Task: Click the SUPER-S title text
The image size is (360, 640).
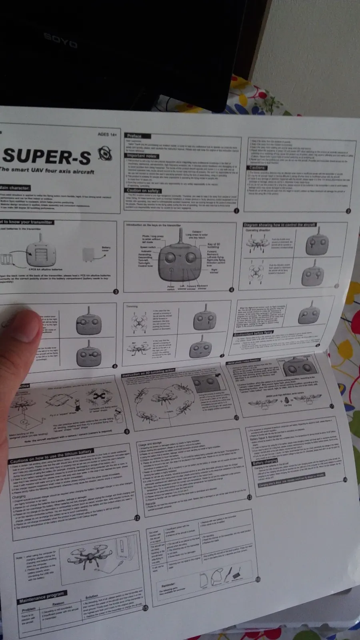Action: point(47,156)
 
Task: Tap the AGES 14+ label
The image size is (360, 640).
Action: point(107,134)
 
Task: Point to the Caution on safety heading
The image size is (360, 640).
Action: point(143,190)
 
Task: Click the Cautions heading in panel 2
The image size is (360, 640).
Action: point(258,168)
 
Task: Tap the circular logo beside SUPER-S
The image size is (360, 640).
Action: point(105,154)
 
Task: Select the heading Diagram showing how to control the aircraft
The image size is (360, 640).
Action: point(280,225)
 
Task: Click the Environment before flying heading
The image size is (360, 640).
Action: point(254,333)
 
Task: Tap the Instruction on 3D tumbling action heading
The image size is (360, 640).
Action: point(148,373)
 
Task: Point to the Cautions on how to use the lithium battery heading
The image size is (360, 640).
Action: point(51,456)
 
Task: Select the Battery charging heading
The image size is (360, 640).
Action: point(264,462)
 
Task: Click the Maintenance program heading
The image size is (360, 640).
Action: point(41,596)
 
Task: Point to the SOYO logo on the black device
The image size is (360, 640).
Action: point(60,40)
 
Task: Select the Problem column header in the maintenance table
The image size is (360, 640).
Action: point(28,609)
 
